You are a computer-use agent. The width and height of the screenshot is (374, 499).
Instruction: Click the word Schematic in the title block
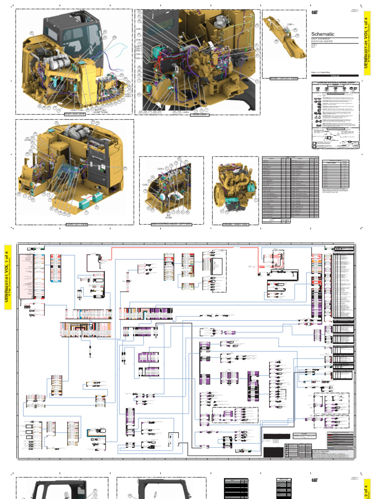[323, 34]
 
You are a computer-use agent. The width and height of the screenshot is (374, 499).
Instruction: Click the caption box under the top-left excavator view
[74, 115]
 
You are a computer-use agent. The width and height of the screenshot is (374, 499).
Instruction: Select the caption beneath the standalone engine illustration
[235, 225]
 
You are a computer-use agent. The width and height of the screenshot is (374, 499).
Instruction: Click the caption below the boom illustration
[283, 77]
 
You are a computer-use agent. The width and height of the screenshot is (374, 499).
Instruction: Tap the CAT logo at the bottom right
[315, 480]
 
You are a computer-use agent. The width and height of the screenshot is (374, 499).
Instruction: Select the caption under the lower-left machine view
[76, 225]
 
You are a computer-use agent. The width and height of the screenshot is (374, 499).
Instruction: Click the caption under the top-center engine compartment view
[198, 115]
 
